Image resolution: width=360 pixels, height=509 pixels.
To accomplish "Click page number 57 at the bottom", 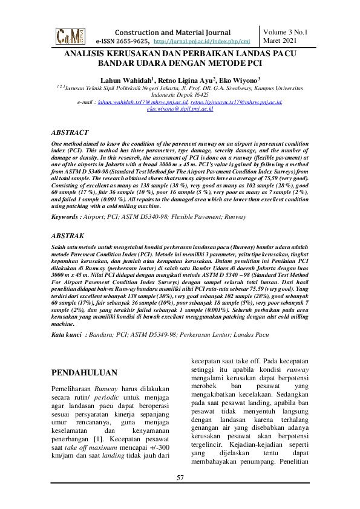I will click(x=180, y=479).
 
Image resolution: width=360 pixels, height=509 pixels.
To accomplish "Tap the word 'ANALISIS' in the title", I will click(x=90, y=53).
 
